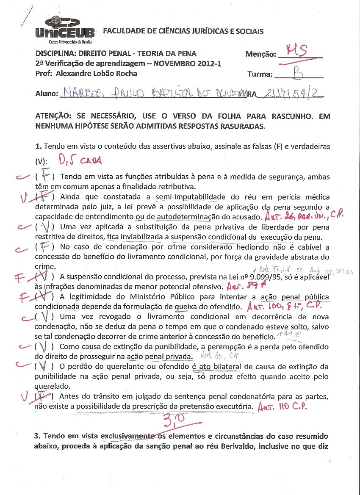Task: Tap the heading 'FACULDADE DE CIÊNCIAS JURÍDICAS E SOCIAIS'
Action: pyautogui.click(x=183, y=31)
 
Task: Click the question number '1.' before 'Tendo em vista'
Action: pyautogui.click(x=38, y=146)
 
